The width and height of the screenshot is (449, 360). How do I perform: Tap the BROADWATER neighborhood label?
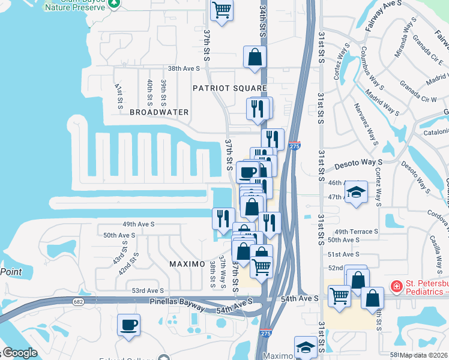[x=159, y=112]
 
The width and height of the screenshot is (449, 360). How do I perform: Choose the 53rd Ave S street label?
[x=148, y=290]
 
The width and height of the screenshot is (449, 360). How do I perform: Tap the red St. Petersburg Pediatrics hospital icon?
[x=396, y=287]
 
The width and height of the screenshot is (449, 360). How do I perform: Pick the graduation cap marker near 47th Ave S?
[x=356, y=192]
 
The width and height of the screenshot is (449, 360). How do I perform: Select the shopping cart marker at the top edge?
[x=221, y=10]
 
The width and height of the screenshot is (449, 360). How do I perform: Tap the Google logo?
[x=19, y=353]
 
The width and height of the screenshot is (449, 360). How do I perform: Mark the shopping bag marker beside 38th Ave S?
[x=255, y=58]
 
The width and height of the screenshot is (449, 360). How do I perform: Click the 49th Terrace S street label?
[x=357, y=231]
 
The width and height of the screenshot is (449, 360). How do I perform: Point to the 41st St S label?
[x=118, y=91]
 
